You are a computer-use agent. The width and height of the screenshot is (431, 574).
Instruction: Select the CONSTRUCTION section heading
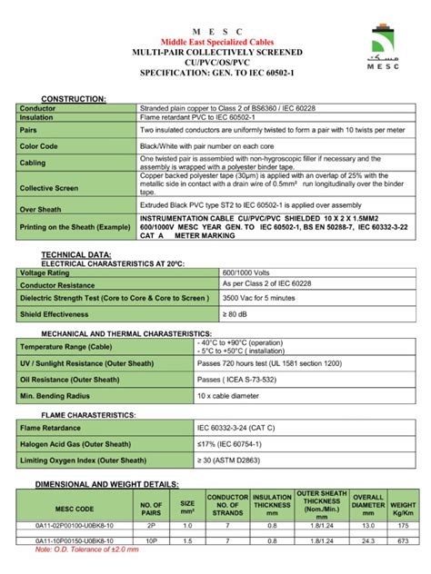pyautogui.click(x=74, y=97)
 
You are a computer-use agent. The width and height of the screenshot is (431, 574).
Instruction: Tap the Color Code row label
pyautogui.click(x=40, y=146)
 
